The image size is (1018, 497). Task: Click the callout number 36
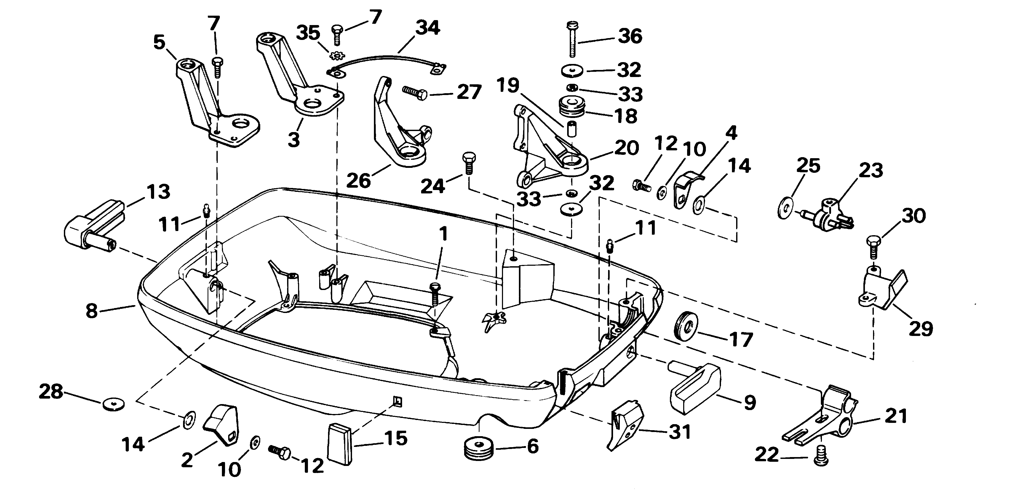pos(630,36)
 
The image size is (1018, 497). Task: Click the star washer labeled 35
pos(337,55)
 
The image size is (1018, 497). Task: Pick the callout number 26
pos(359,180)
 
